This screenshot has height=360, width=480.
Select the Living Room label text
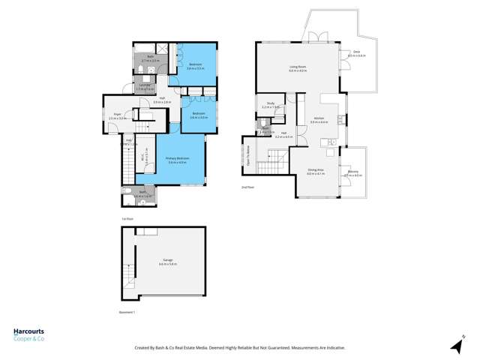click(298, 67)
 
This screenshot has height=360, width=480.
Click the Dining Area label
click(315, 172)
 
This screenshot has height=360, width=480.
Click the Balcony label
click(352, 172)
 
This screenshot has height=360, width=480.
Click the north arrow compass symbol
click(456, 344)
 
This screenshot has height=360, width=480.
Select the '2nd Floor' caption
click(248, 186)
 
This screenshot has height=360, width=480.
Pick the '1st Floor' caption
click(127, 219)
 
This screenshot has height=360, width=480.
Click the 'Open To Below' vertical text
click(247, 153)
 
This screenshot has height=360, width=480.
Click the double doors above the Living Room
click(315, 37)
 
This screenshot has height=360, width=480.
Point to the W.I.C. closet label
click(143, 160)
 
